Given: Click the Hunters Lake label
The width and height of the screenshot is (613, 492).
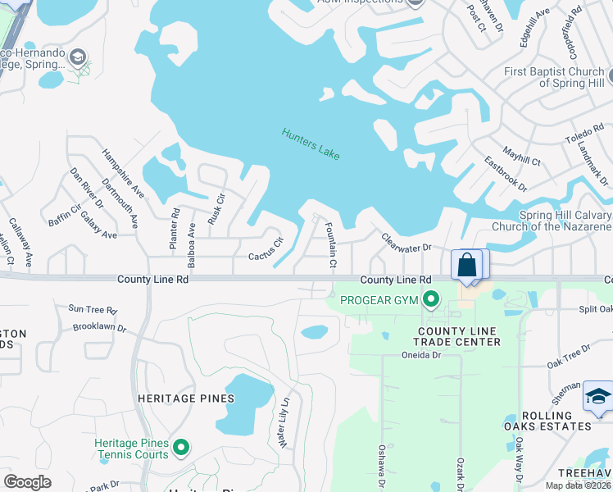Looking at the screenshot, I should pos(310,144).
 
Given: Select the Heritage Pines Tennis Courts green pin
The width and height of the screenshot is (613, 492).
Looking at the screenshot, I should pos(181,448).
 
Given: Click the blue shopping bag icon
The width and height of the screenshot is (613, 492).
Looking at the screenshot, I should pos(466,265).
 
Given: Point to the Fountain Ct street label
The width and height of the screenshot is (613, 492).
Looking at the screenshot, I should pos(330,245).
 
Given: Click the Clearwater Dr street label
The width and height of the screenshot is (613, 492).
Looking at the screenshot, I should pos(406,243).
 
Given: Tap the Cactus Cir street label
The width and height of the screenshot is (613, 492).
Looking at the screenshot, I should pos(266,249).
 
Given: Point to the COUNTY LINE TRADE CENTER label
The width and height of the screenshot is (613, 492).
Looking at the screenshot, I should pos(457,335).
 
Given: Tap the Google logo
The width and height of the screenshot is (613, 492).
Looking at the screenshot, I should pos(27,481).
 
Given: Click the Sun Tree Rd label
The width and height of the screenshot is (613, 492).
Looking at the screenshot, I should pos(93,310).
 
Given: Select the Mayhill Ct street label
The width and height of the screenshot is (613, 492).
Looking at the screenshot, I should pos(522,157).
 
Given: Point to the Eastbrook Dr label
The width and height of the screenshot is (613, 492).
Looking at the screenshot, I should pos(505,173).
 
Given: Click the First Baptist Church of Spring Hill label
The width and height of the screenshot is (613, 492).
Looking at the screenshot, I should pos(555,78).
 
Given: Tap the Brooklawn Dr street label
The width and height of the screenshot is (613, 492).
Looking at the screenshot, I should pos(98,327).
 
